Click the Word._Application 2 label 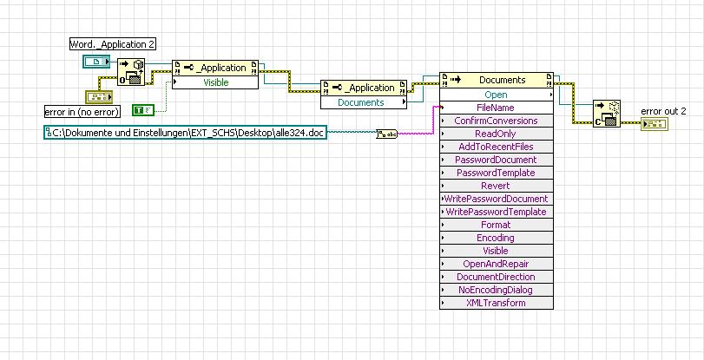pos(113,44)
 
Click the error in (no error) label pos(82,111)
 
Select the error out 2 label pos(663,111)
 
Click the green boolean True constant pos(142,109)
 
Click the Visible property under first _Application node pos(215,82)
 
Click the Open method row pos(496,95)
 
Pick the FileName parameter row pos(496,108)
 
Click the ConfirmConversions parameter pos(496,121)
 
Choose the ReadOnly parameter pos(496,134)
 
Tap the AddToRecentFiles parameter pos(496,147)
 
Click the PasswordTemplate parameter pos(496,173)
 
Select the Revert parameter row pos(496,186)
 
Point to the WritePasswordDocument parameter pos(496,199)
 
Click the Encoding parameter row pos(496,238)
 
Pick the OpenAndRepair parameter pos(496,264)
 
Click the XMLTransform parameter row pos(496,303)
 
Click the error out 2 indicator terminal pos(653,124)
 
